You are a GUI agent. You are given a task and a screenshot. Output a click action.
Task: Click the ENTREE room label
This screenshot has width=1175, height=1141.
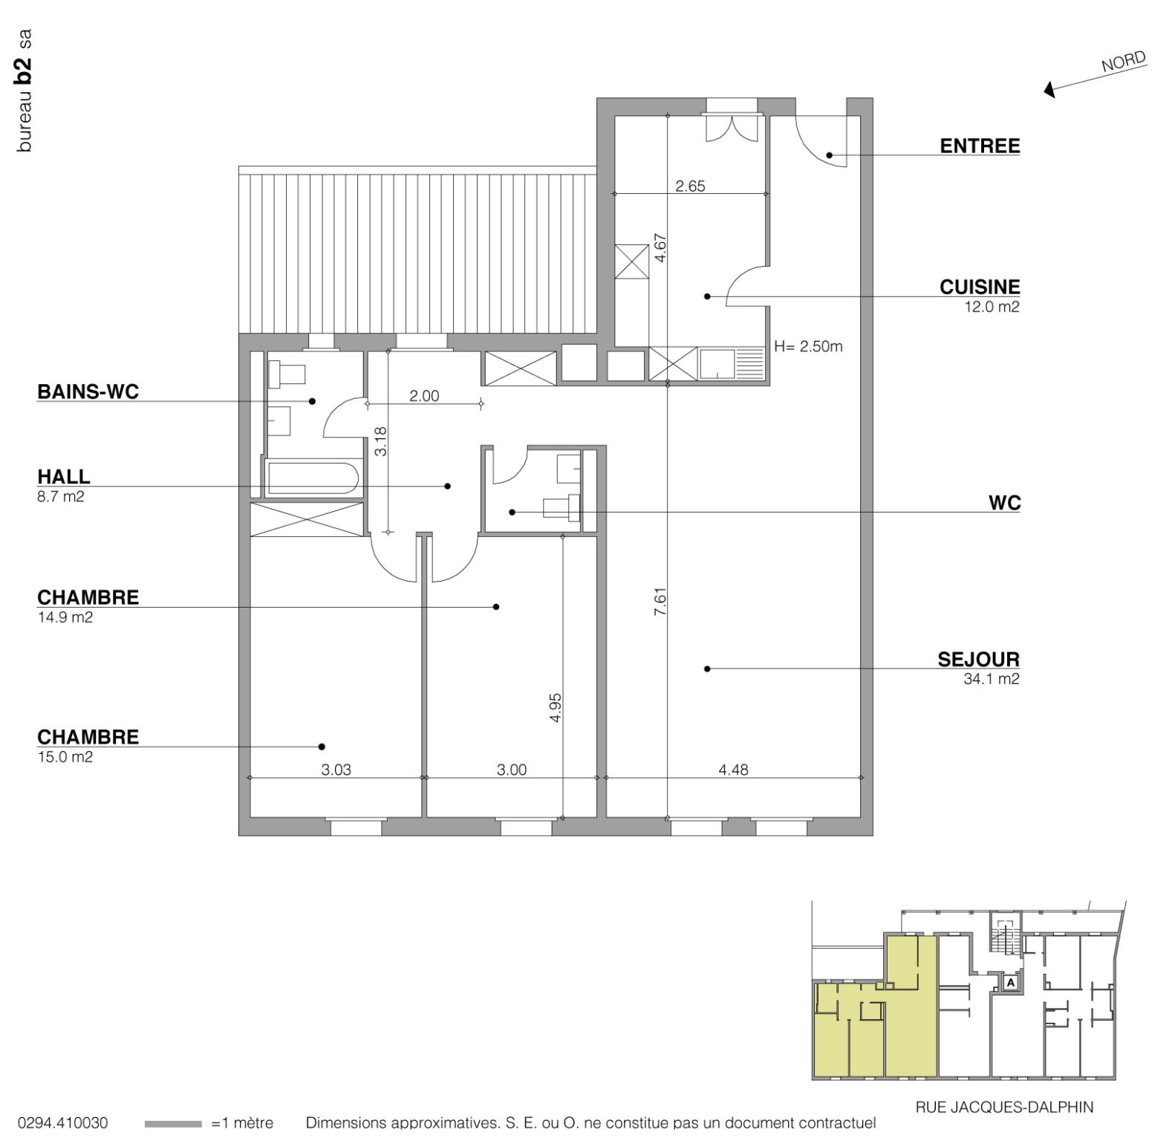tap(979, 146)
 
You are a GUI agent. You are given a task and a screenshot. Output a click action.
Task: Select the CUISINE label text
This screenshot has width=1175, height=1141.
tap(979, 287)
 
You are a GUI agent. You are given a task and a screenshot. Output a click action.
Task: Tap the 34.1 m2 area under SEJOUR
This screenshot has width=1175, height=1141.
tap(991, 679)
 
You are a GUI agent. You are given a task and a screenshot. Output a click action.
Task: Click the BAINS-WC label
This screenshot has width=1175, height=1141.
tap(88, 392)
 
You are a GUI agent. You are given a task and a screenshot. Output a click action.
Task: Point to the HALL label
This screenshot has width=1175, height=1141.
tap(64, 477)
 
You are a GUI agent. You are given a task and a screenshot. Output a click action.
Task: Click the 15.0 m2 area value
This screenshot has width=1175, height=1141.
tap(65, 758)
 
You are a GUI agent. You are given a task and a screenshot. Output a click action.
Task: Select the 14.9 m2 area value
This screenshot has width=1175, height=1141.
tap(65, 617)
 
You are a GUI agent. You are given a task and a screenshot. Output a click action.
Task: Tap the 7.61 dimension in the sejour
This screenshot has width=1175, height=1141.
tap(660, 601)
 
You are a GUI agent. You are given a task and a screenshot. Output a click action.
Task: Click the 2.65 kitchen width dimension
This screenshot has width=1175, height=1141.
tap(690, 186)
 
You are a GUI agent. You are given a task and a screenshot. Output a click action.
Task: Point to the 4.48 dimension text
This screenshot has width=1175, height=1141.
tap(733, 770)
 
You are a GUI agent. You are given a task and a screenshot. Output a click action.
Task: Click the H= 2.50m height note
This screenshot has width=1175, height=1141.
tap(808, 347)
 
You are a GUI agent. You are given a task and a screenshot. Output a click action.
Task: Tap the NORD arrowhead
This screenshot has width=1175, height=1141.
tap(1049, 90)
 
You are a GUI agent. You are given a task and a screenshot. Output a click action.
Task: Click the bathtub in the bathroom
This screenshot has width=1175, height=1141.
tap(313, 479)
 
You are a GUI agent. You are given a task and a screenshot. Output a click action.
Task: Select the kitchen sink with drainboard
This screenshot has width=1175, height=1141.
tap(731, 365)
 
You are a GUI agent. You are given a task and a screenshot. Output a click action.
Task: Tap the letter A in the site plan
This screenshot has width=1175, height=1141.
tap(1010, 983)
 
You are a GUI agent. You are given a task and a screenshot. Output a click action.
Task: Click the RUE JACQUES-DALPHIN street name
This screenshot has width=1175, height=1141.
tap(1003, 1108)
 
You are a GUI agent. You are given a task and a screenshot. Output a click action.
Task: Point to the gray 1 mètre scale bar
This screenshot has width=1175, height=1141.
tap(173, 1124)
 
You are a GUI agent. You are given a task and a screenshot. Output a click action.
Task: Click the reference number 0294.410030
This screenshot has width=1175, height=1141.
tap(62, 1122)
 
